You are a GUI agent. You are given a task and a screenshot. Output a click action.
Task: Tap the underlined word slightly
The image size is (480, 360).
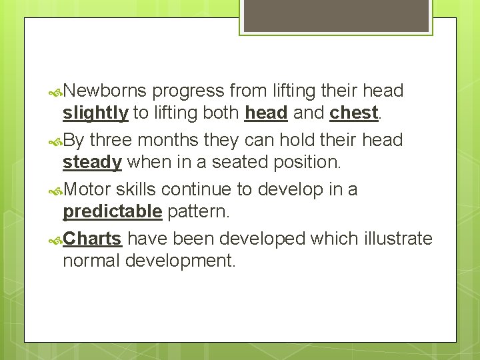[x=95, y=113]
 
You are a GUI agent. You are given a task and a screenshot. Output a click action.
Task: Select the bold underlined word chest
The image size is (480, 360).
[x=353, y=113]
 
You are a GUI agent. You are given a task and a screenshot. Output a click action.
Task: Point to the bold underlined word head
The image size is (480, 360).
[x=265, y=113]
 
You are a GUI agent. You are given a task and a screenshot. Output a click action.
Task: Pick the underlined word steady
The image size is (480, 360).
[x=92, y=163]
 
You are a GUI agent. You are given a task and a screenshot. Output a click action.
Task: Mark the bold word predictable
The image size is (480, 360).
[x=112, y=212]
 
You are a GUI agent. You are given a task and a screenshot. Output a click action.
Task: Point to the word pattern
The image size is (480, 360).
[x=198, y=212]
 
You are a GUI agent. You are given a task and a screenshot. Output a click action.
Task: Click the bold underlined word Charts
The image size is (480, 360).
[x=92, y=239]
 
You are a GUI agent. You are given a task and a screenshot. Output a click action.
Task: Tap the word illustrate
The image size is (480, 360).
[x=398, y=239]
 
